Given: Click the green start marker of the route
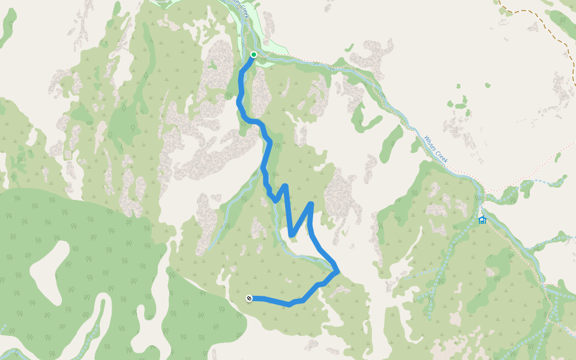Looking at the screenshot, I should [x=253, y=55].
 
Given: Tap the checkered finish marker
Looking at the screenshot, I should [x=249, y=298].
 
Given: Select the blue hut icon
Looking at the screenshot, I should [x=482, y=220].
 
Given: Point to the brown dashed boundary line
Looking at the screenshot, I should [x=540, y=24].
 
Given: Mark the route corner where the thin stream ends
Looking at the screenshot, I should [x=337, y=271].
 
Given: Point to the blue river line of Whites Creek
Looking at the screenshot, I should [x=396, y=108].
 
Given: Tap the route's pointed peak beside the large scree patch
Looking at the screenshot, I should [x=311, y=205].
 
